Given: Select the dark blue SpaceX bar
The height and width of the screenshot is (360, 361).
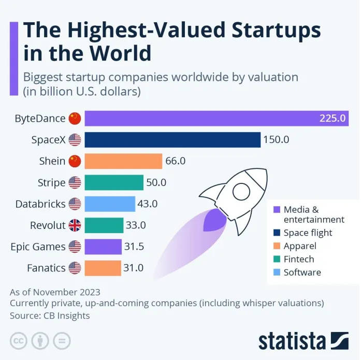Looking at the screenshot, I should pos(172,140).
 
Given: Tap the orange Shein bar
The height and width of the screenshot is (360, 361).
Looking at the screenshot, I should pos(123,161).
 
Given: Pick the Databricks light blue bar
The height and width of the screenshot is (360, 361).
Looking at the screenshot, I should pos(109,204).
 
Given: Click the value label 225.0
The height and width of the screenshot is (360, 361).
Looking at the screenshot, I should pos(332,118).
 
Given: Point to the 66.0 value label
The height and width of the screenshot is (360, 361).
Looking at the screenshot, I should pos(175,161).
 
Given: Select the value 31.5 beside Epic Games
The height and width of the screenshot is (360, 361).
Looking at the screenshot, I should pos(134,247).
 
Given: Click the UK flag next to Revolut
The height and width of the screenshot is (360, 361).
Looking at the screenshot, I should pos(75,225).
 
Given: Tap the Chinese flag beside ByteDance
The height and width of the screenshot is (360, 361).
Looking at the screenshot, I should pos(75,118).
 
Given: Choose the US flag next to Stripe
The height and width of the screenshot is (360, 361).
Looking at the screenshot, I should pos(75,182).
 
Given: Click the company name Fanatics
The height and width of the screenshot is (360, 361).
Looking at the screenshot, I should pos(46,268).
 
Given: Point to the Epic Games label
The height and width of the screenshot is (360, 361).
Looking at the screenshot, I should pos(38,247).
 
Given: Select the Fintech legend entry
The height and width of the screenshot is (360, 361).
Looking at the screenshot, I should pos(299,259).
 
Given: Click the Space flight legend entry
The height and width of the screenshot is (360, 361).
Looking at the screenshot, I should pos(308,233).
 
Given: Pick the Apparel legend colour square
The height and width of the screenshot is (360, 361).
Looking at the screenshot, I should pos(276,246).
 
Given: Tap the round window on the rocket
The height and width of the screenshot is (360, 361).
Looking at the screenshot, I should pos(242,192).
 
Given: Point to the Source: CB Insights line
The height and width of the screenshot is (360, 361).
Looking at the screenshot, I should pos(50,315).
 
